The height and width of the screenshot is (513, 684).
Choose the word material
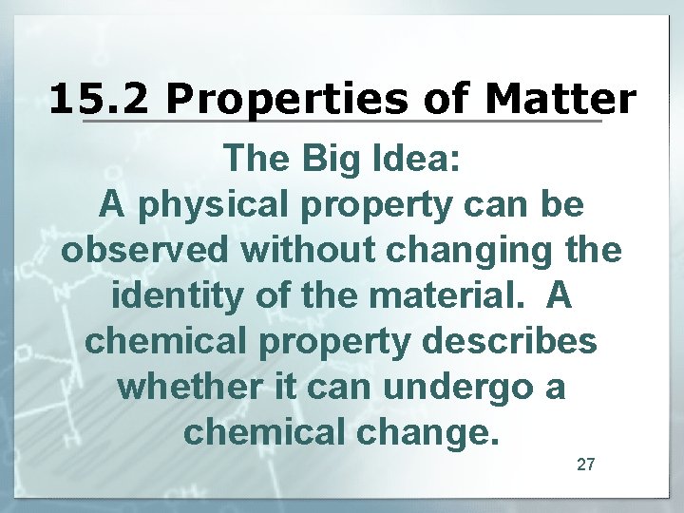(x=443, y=295)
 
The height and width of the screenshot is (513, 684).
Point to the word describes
(x=510, y=341)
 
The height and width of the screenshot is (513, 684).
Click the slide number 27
(x=586, y=465)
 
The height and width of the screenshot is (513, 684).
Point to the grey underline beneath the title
(x=342, y=122)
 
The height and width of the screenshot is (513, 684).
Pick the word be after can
(x=560, y=204)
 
